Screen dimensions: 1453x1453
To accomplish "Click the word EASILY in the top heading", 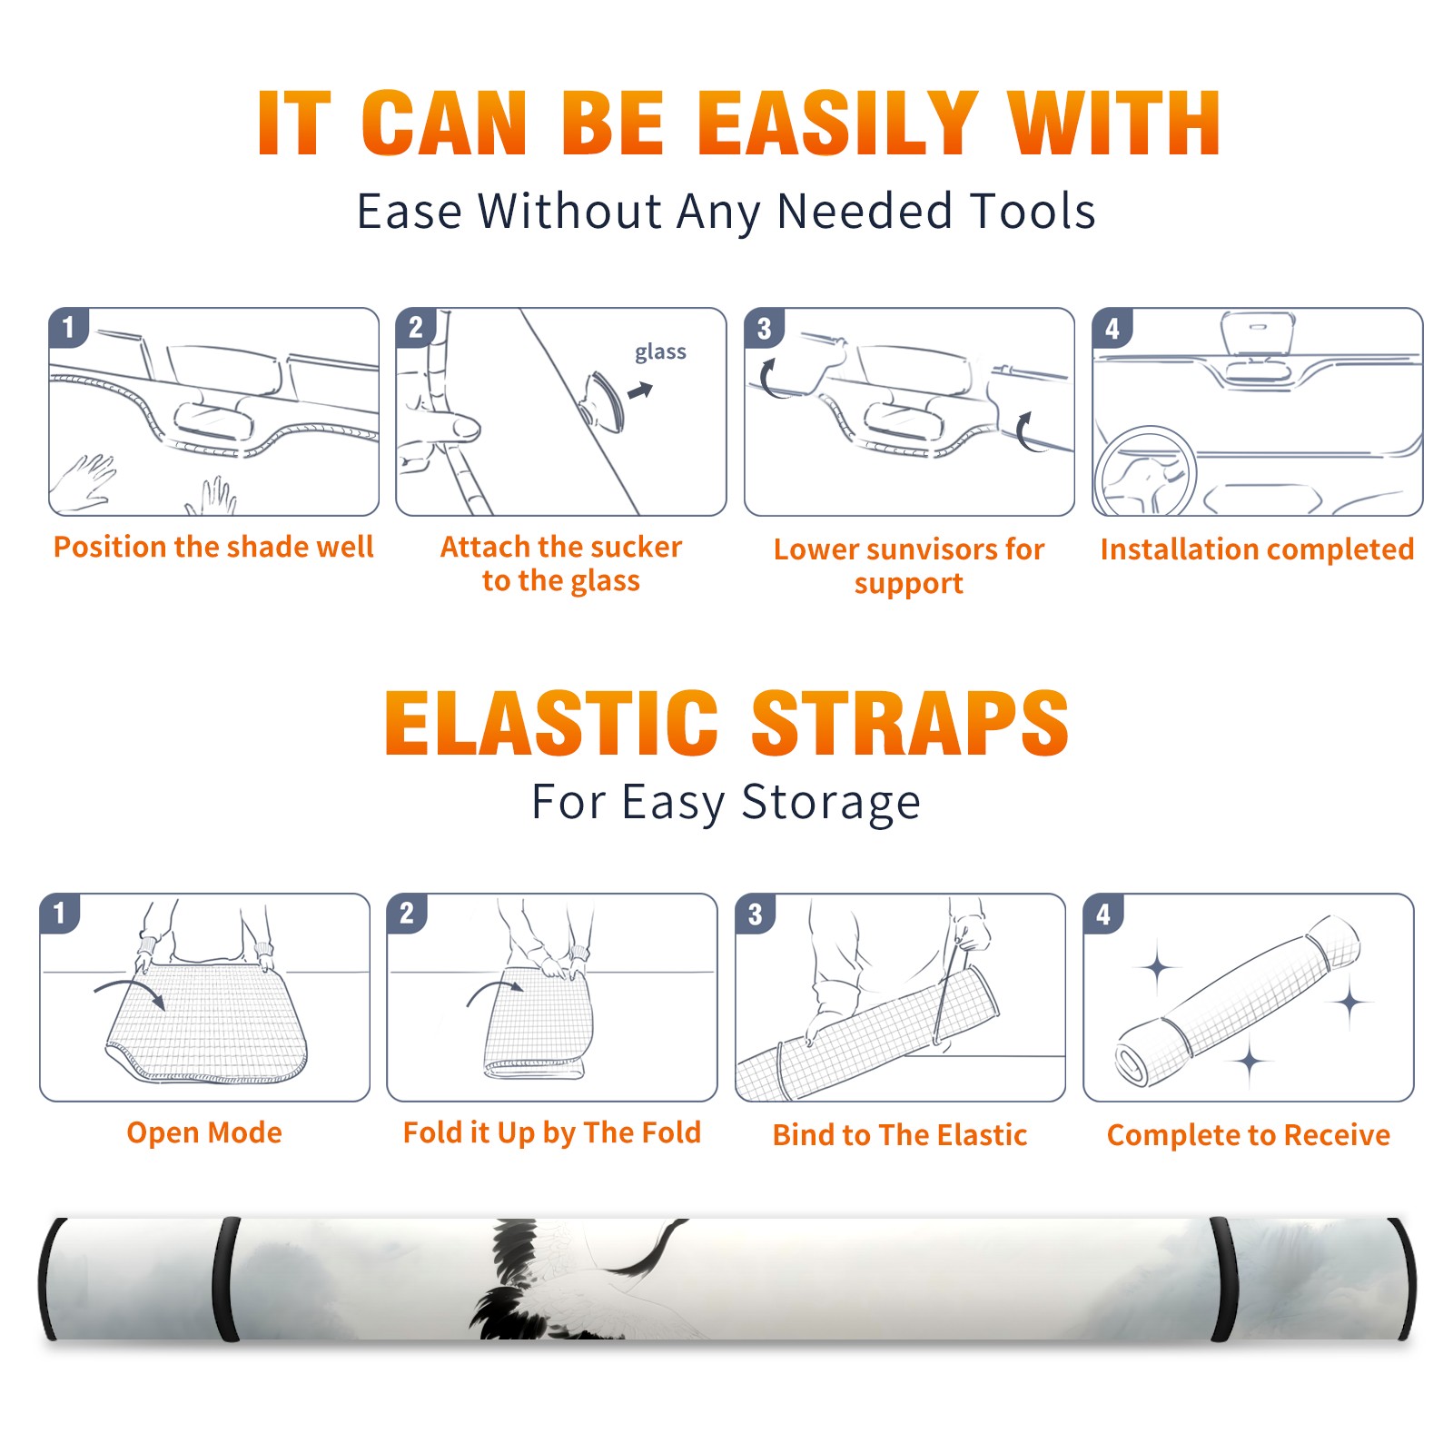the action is (x=837, y=124).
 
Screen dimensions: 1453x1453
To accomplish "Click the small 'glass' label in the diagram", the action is (x=660, y=352).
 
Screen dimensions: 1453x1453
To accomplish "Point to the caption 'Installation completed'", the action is (x=1257, y=549).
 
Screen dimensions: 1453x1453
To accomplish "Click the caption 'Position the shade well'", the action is (x=213, y=547).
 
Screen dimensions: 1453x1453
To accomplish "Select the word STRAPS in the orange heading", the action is (x=910, y=723).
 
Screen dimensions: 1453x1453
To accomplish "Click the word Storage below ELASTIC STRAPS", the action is (x=831, y=803).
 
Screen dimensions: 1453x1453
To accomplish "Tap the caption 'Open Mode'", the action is (x=204, y=1132).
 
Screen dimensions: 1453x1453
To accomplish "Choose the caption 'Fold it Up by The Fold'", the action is (x=552, y=1132).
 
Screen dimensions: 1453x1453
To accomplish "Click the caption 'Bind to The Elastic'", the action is (x=900, y=1135).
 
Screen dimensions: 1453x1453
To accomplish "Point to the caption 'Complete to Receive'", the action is (x=1249, y=1135).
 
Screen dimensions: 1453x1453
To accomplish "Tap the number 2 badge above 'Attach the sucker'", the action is (x=416, y=327).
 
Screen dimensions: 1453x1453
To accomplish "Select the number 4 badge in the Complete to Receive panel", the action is (x=1103, y=914).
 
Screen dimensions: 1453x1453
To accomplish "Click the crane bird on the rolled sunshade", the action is (x=563, y=1280).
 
